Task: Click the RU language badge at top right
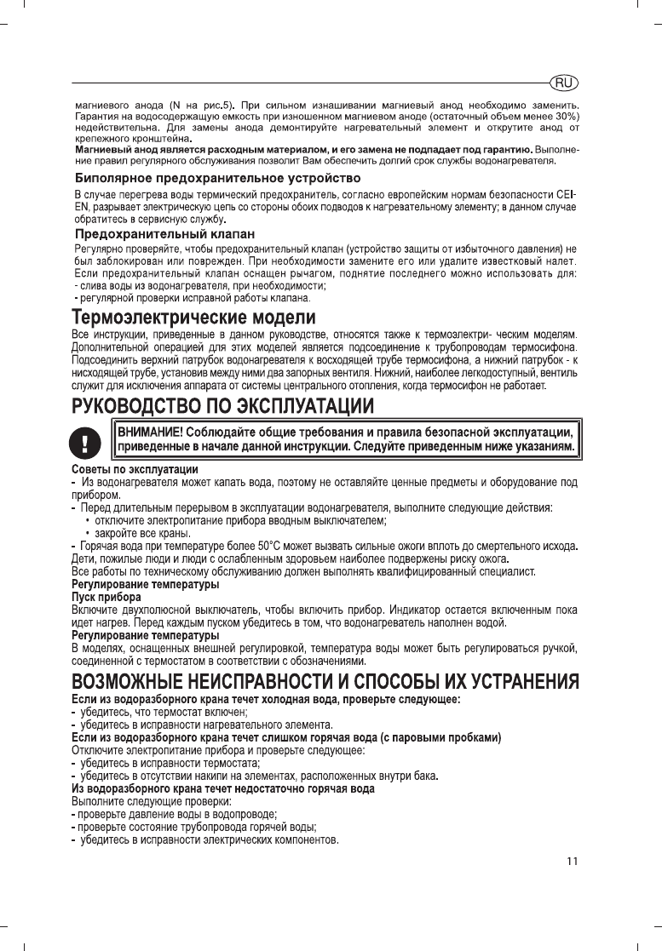coord(564,83)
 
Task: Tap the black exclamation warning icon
coord(85,441)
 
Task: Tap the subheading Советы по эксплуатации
coord(135,470)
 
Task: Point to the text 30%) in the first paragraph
coord(566,116)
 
